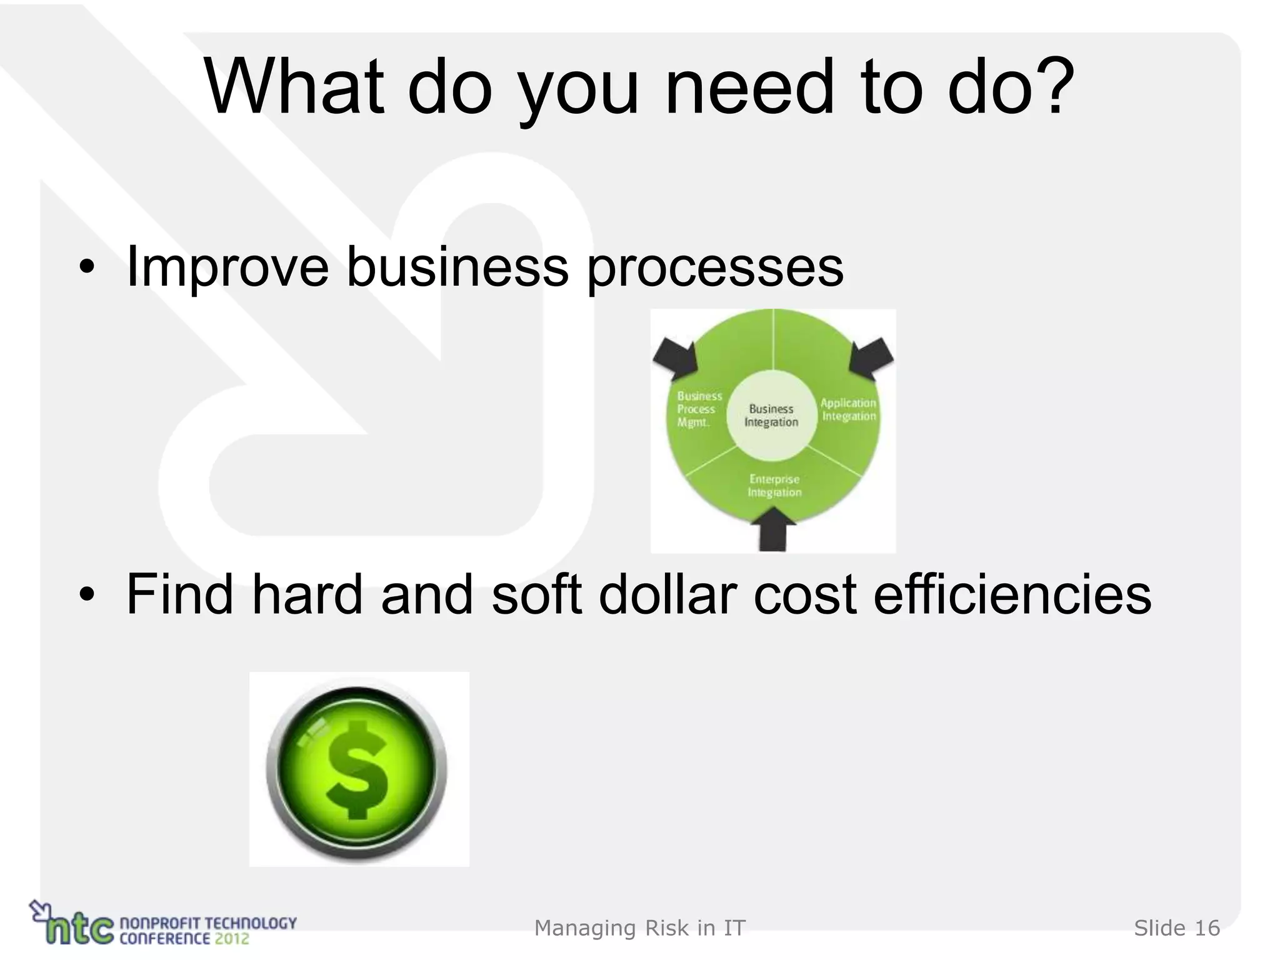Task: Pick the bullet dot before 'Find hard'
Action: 87,595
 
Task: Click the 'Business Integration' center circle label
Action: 771,416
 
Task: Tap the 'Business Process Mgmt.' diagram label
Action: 698,409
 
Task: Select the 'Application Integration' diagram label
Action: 848,410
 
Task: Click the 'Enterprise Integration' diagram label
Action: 774,486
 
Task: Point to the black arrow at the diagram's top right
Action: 871,357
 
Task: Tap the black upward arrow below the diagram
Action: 774,528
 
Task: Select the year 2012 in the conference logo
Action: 232,938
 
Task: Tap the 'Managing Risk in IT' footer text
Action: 640,929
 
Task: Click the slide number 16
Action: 1207,929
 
